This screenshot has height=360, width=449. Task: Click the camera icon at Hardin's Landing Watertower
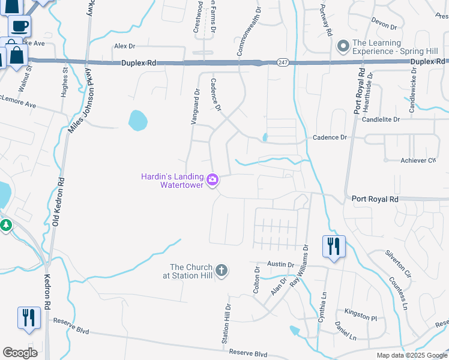coord(212,179)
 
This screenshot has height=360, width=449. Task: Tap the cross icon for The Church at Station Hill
coord(221,271)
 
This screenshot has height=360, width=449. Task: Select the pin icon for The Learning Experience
coord(343,46)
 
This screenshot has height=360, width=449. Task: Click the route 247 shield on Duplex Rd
coord(282,62)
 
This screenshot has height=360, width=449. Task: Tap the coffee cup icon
coord(19,26)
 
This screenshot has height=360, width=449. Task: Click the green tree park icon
coord(7,226)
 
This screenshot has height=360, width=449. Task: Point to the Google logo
coord(20,353)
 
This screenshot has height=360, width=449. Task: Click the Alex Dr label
coord(125,46)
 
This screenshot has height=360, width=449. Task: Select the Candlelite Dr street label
coord(381,119)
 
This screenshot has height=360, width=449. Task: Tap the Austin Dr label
coord(280,264)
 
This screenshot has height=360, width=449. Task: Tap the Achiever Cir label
coord(418,160)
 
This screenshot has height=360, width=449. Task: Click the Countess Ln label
coord(397,293)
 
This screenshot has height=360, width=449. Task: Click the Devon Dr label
coord(384,27)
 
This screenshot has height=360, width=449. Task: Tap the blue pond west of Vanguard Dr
coord(137,119)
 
